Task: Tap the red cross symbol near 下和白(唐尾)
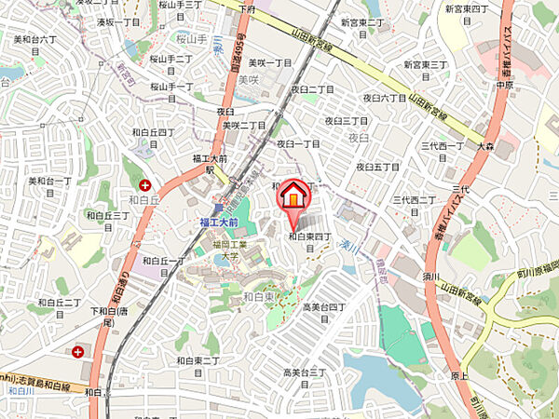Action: pos(77,352)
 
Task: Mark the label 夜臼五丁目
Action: pos(378,167)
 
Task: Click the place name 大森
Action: pos(484,147)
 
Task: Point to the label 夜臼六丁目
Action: pos(384,97)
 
